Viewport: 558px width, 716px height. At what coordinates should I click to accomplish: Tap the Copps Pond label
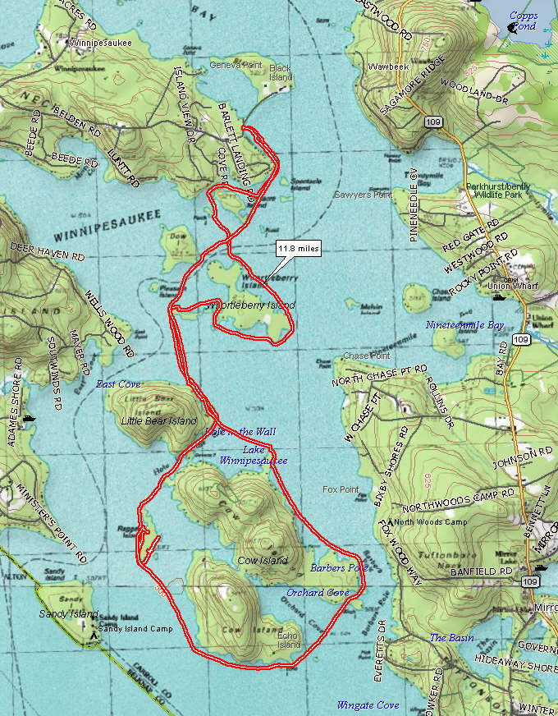pyautogui.click(x=523, y=21)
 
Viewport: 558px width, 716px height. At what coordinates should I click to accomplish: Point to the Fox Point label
pyautogui.click(x=341, y=489)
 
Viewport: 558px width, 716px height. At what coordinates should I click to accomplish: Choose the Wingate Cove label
pyautogui.click(x=368, y=705)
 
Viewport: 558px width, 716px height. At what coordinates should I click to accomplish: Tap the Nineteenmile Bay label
pyautogui.click(x=464, y=325)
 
